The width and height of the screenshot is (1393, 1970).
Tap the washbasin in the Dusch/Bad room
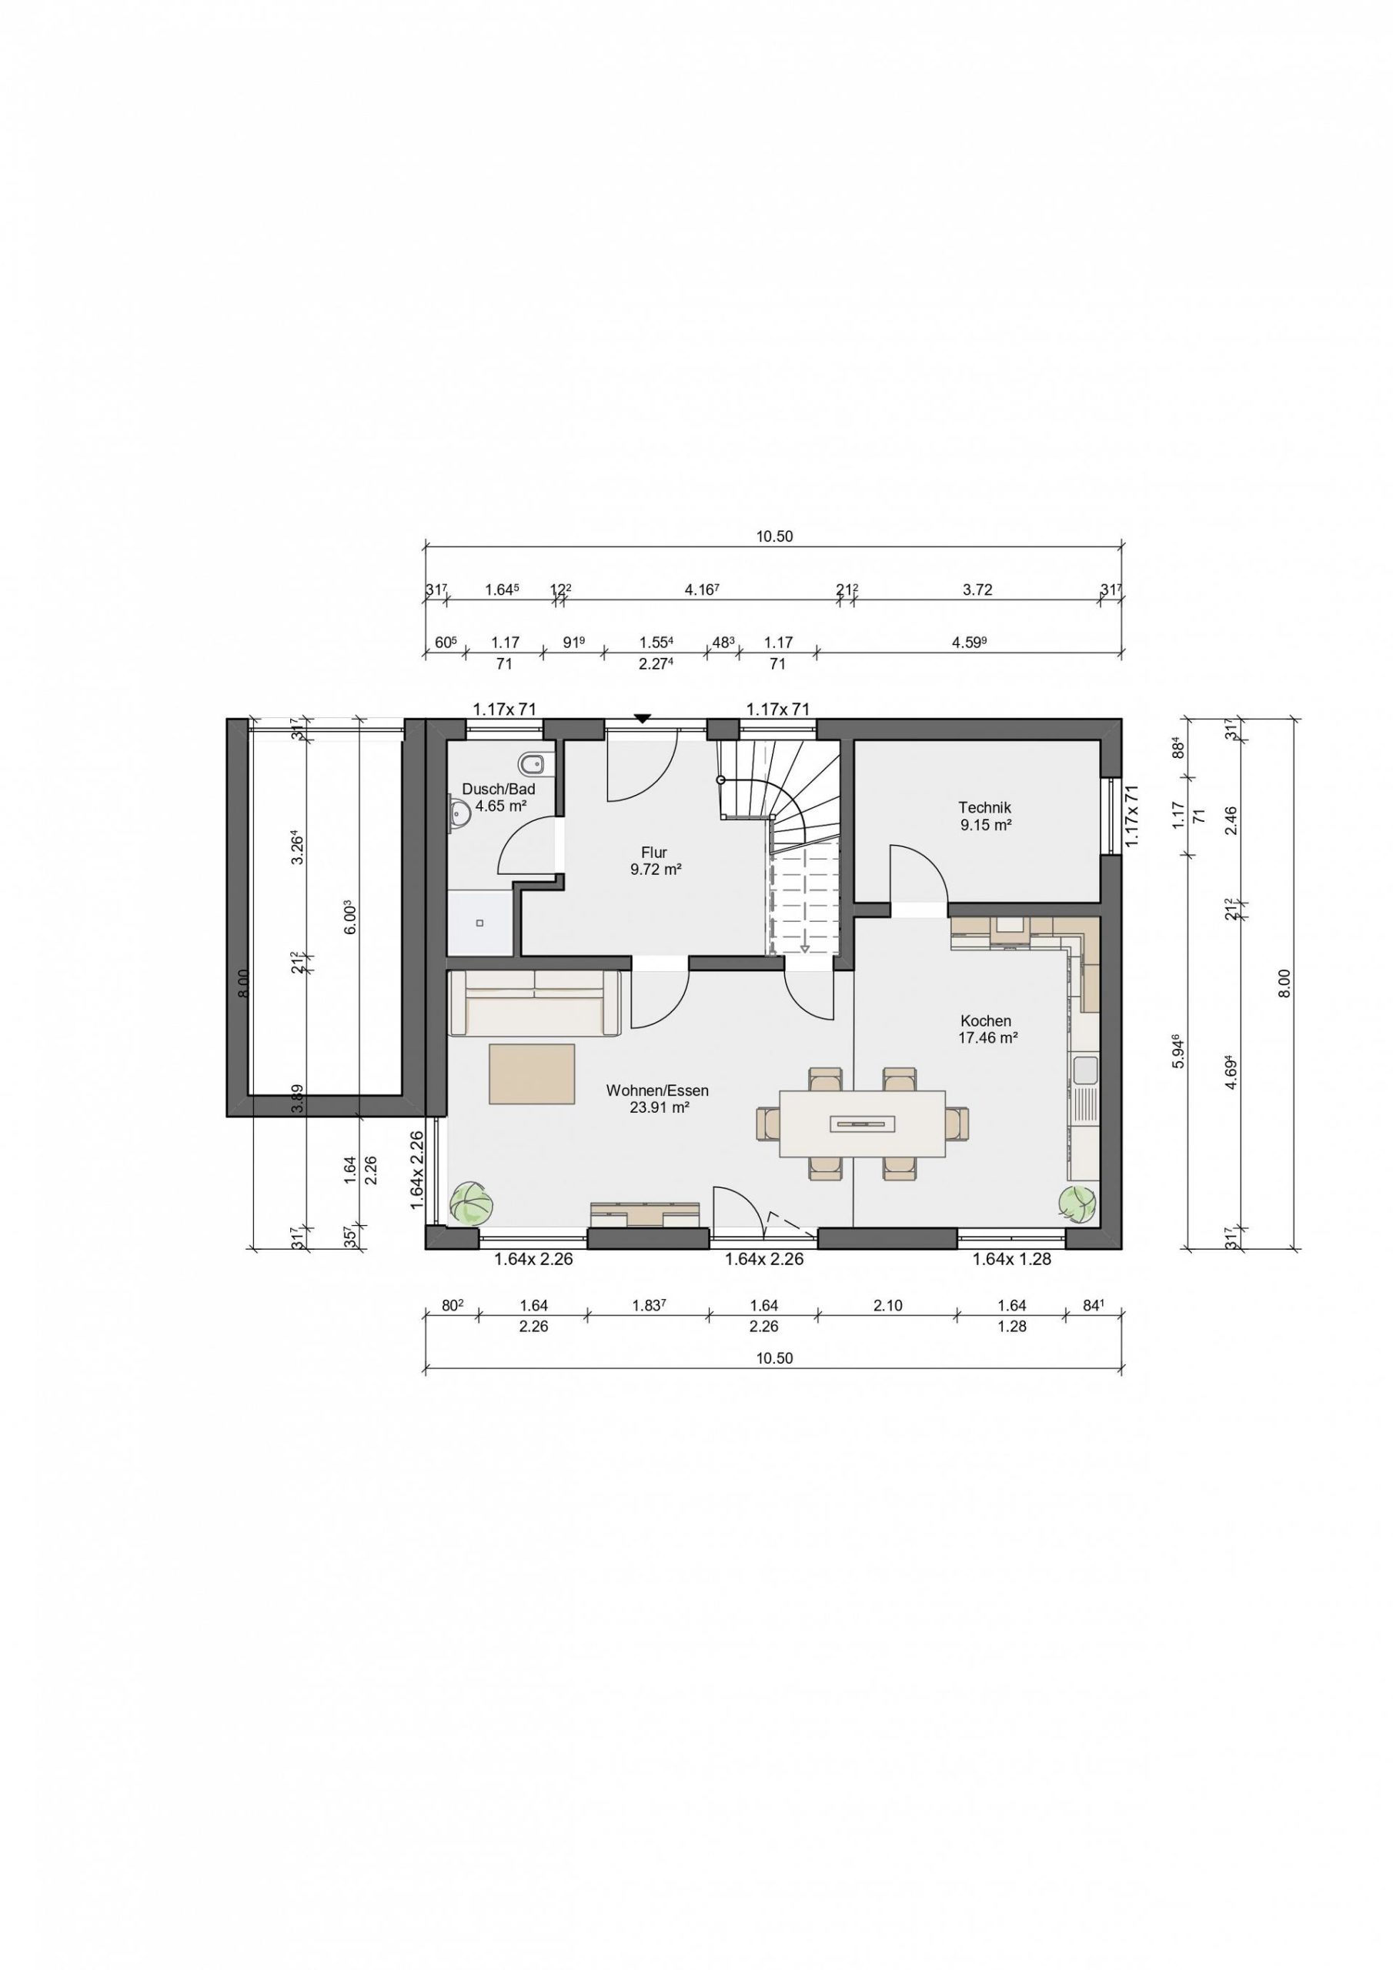(459, 811)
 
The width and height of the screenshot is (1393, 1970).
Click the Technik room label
(984, 807)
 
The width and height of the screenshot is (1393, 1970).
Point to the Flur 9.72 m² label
(654, 860)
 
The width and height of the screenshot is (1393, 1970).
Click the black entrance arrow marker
(642, 719)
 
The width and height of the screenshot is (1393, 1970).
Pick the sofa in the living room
(535, 1004)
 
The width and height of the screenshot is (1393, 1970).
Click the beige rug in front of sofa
(532, 1073)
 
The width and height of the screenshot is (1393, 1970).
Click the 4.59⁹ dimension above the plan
(967, 642)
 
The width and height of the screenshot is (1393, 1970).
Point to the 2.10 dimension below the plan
(887, 1305)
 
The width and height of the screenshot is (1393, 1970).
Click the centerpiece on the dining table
(863, 1121)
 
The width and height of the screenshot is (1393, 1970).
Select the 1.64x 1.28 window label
(1011, 1260)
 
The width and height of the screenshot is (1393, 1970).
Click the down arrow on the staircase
(805, 947)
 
